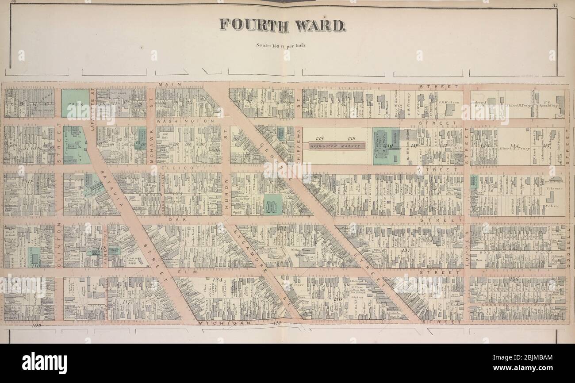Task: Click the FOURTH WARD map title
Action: click(282, 25)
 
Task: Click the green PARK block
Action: click(75, 103)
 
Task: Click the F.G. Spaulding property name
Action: click(546, 103)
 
